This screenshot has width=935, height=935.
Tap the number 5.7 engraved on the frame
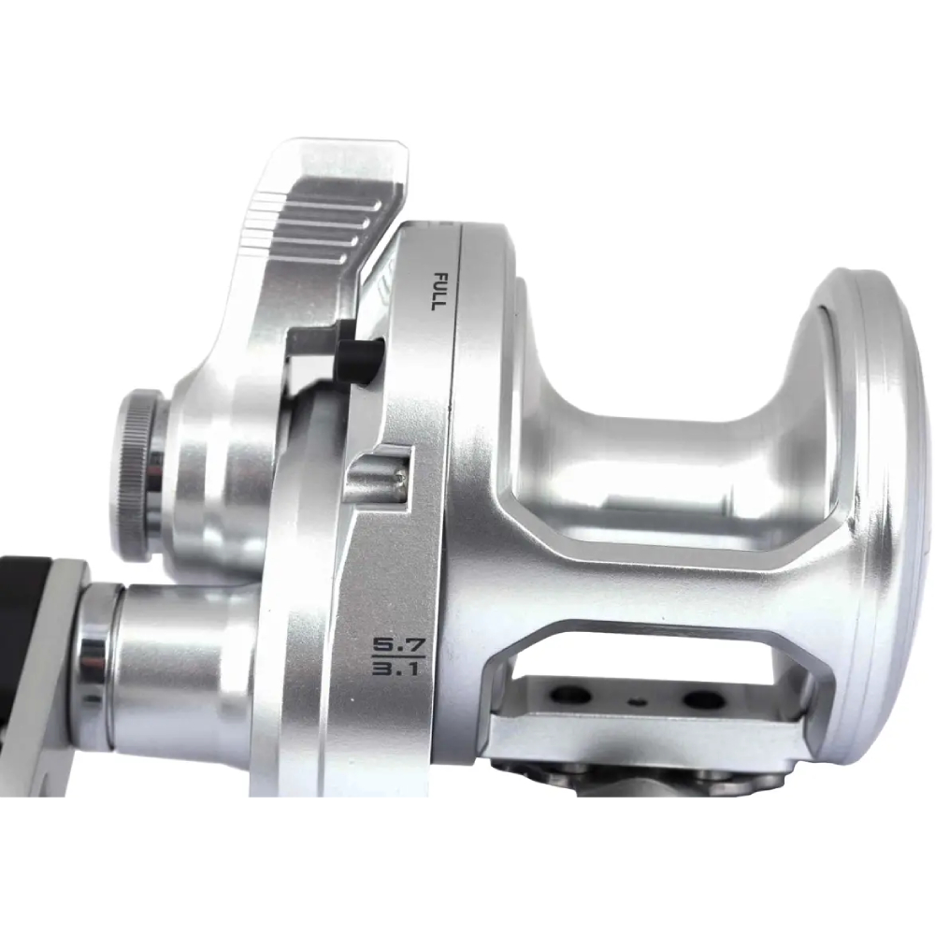coord(390,644)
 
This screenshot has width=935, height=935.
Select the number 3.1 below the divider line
coord(390,670)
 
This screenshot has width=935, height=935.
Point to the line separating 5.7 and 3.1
coord(390,657)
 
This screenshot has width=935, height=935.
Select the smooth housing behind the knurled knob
coord(210,467)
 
